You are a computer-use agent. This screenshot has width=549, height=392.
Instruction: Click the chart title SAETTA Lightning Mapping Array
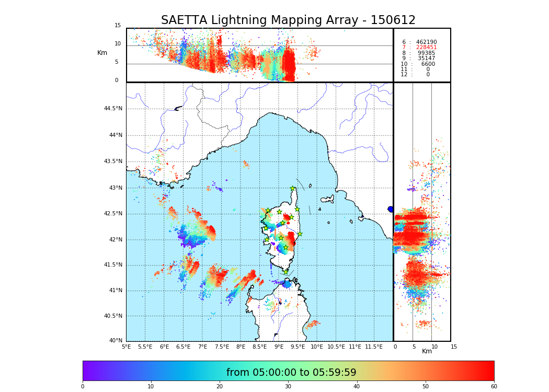point(288,20)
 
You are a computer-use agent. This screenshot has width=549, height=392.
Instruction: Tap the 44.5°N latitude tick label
point(113,109)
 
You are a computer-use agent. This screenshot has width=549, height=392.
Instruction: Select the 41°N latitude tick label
point(115,291)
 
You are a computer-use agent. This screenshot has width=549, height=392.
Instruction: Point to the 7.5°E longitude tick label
point(222,347)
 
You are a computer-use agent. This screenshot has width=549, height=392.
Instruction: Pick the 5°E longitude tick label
point(126,347)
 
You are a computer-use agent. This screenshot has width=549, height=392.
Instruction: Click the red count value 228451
point(426,48)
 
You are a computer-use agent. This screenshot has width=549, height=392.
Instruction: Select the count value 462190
point(426,42)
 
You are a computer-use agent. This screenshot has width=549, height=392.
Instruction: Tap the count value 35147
point(426,59)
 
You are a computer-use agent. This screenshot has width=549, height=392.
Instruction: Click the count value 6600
point(428,64)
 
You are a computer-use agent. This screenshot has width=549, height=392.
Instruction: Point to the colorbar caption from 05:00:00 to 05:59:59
point(291,373)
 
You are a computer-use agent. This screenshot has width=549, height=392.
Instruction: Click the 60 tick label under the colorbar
point(494,387)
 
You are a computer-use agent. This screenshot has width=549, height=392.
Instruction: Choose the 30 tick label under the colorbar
point(288,387)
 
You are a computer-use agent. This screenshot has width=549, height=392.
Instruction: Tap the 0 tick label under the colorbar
point(83,387)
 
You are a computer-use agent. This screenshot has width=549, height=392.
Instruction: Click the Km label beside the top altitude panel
point(102,53)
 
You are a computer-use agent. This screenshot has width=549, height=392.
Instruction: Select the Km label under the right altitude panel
point(427,351)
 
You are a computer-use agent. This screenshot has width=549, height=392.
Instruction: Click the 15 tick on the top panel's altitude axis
point(118,26)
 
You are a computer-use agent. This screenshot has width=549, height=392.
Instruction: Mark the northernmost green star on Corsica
point(293,189)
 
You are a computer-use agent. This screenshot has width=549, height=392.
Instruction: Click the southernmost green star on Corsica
point(285,272)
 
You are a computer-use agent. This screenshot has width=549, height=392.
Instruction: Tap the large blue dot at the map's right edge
point(391,209)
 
